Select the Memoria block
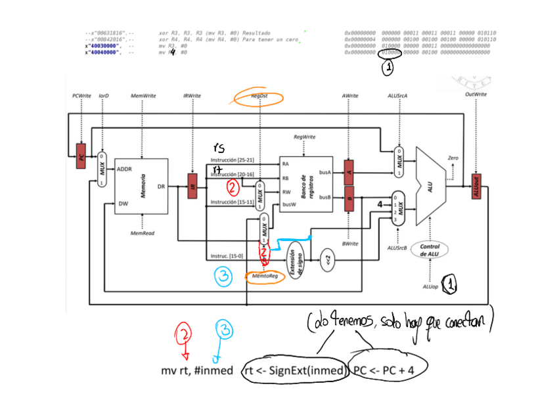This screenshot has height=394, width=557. (141, 186)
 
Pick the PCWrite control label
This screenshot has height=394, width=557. (81, 96)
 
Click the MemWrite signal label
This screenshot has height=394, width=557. (143, 96)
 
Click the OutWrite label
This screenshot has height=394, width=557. (476, 95)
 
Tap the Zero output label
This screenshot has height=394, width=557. (452, 158)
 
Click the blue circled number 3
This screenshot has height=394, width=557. (224, 276)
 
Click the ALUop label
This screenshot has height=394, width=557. (430, 286)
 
